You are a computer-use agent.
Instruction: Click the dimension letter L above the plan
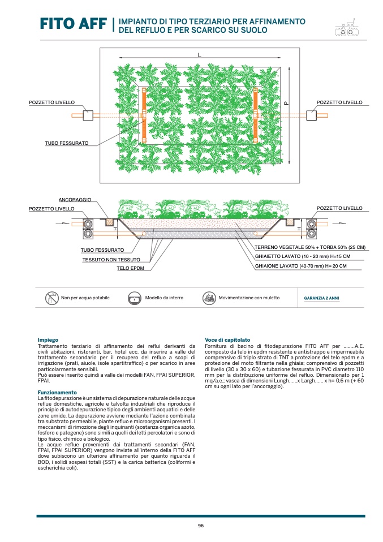point(200,55)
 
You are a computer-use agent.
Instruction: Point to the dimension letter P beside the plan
point(286,103)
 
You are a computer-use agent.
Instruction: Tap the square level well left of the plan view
point(88,115)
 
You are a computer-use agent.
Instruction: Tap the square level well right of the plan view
point(312,115)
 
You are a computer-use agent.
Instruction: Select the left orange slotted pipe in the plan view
point(144,115)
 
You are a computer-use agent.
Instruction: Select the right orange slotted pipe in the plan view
point(256,115)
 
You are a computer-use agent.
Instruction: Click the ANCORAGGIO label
point(75,200)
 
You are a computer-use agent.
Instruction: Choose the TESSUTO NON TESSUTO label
point(111,259)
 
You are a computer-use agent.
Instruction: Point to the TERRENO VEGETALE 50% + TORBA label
point(309,248)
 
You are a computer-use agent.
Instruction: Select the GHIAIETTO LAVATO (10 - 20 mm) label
point(302,256)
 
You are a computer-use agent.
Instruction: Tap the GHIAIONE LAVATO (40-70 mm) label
point(300,265)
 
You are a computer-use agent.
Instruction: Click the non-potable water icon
point(52,298)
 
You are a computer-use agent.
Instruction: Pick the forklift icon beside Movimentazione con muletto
point(209,298)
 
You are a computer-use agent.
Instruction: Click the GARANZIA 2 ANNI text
point(321,298)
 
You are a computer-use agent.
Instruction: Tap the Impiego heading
point(48,340)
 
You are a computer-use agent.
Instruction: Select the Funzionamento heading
point(57,392)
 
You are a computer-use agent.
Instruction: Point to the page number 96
point(200,526)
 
